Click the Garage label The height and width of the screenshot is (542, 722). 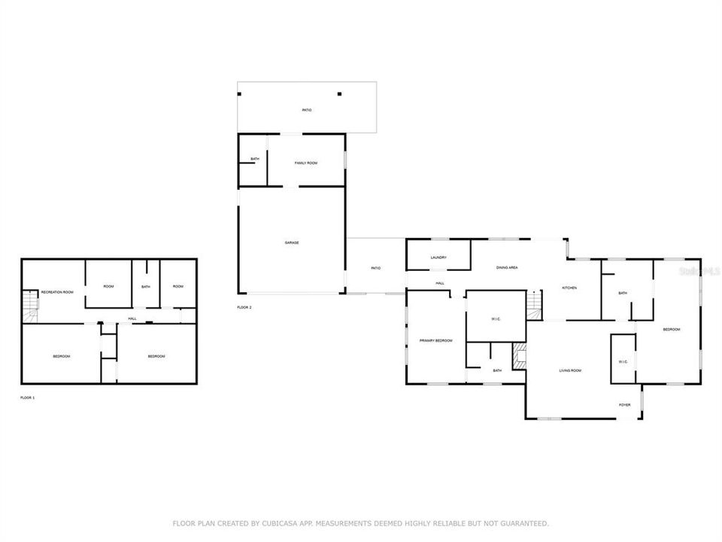point(292,242)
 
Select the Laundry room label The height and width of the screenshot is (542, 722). point(438,257)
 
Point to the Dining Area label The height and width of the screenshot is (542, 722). point(507,267)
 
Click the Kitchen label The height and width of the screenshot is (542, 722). point(569,288)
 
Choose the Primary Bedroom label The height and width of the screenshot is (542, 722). point(436,341)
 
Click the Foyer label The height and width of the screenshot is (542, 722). point(624,404)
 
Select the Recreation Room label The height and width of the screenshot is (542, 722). point(57,291)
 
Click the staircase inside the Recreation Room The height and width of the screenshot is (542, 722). point(29,305)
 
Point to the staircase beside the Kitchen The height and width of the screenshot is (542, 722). point(533,303)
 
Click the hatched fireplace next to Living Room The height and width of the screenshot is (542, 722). point(519,355)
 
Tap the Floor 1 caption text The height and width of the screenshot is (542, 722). point(27,397)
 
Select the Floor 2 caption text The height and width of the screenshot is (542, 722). point(244,307)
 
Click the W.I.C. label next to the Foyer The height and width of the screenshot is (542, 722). point(623,361)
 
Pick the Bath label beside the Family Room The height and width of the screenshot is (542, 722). point(255,159)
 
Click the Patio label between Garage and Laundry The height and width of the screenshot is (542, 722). point(375,268)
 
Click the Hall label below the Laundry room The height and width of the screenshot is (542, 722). point(439,283)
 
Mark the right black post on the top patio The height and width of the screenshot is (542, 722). point(339,94)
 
